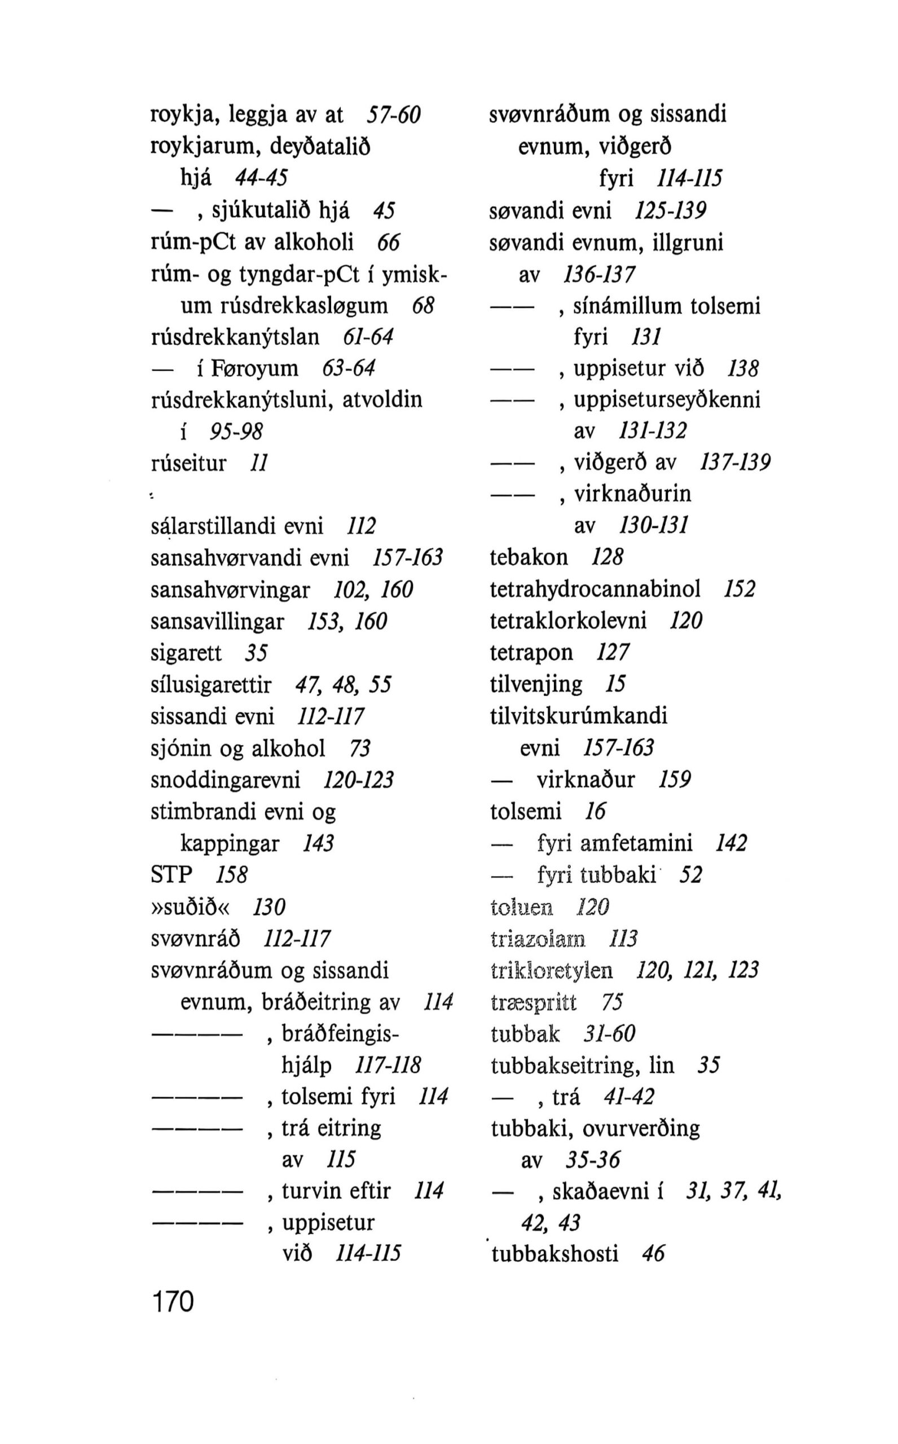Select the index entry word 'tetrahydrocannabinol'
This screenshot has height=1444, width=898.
(x=595, y=589)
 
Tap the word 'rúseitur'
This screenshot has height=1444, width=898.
(x=189, y=463)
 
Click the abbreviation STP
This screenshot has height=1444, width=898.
(x=172, y=875)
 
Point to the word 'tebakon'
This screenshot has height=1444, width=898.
(x=529, y=557)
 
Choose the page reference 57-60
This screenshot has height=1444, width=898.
(x=393, y=115)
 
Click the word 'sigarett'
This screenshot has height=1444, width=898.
(x=186, y=653)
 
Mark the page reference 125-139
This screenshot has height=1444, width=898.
(x=670, y=211)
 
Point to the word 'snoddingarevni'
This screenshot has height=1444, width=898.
(x=226, y=780)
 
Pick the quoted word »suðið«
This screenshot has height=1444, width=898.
(x=193, y=906)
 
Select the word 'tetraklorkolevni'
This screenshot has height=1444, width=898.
(x=568, y=621)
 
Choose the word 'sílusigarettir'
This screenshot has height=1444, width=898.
(x=211, y=685)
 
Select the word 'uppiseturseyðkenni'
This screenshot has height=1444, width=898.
(x=666, y=400)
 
